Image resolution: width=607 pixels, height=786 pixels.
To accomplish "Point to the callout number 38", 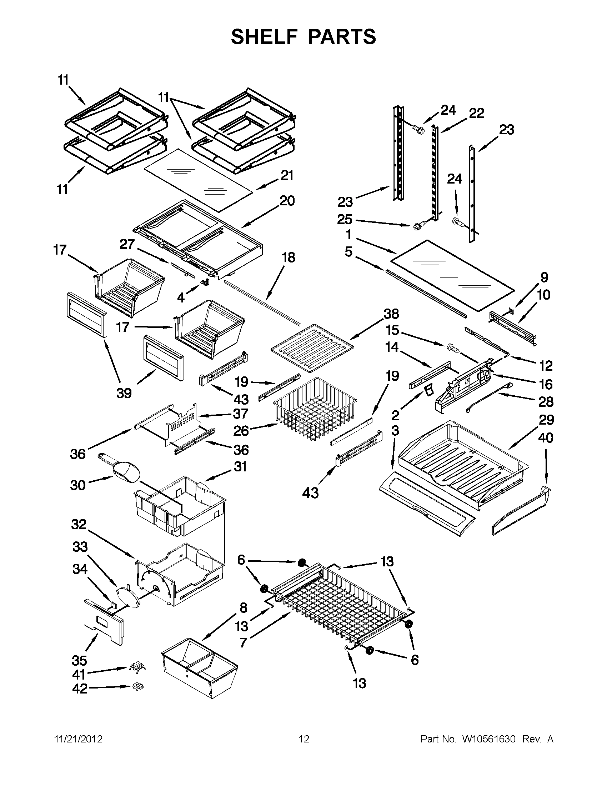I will point(391,314).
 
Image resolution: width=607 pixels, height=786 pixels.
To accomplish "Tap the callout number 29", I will point(546,420).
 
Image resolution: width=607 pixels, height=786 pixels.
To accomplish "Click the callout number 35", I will point(79,660).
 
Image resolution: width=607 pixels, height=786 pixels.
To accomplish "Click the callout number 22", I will point(476,113).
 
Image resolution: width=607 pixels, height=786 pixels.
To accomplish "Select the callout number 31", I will point(240,466).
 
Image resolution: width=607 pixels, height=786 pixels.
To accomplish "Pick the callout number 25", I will point(345,219).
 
